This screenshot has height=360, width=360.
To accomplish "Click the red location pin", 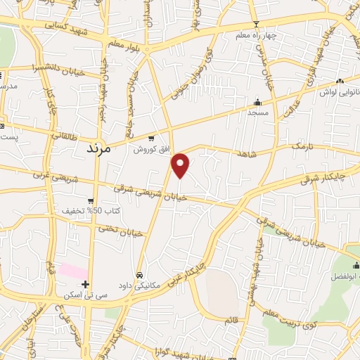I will click(x=181, y=165).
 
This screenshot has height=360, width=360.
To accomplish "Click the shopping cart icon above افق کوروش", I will click(x=151, y=139).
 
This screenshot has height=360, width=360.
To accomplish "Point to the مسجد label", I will click(x=257, y=112).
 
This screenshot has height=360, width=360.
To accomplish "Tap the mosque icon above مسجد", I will click(x=257, y=101).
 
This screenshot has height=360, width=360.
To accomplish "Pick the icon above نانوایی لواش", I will click(x=340, y=82).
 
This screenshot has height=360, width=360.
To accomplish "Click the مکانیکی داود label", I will click(x=140, y=285).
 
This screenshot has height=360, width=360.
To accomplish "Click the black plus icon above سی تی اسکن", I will click(x=85, y=285).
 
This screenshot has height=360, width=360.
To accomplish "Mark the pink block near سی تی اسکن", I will click(x=73, y=271).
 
